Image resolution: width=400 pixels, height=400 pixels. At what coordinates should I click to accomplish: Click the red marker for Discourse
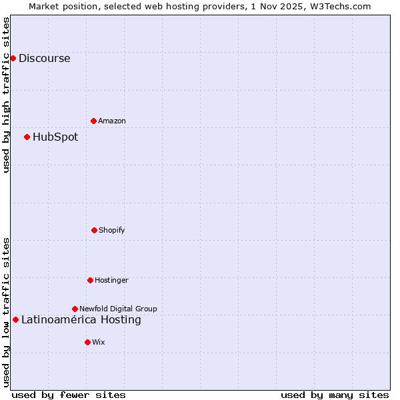[13, 58]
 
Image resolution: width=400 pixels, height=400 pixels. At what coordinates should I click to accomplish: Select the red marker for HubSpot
[27, 137]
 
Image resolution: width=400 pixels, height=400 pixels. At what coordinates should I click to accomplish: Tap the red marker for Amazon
[93, 121]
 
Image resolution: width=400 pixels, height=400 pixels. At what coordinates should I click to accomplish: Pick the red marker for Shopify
[94, 230]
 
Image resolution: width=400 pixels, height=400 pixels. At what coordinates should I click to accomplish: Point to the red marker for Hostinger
[90, 280]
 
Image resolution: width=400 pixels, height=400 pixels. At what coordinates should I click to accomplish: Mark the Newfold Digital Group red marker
[75, 309]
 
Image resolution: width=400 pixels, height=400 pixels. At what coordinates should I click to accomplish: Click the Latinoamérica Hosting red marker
[15, 319]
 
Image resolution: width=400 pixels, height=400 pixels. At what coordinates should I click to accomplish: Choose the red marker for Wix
[87, 342]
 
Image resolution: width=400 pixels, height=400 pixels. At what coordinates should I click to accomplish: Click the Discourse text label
[44, 58]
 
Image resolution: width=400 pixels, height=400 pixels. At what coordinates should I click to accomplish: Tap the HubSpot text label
[55, 137]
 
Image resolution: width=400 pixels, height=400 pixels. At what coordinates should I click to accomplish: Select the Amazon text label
[112, 121]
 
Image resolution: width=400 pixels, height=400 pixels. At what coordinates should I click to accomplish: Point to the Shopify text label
[112, 230]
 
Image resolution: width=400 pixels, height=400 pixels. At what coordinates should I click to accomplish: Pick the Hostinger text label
[111, 280]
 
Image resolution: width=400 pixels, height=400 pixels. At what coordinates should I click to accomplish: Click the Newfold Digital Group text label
[118, 309]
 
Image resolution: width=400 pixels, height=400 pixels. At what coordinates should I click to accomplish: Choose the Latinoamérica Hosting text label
[81, 319]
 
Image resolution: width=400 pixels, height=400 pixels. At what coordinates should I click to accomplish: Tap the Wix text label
[99, 342]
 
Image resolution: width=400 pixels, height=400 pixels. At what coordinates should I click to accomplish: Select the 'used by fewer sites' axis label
[69, 395]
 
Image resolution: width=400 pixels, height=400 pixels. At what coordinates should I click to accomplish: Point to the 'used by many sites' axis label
[335, 395]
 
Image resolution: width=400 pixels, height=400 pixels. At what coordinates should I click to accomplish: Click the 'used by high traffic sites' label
[6, 95]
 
